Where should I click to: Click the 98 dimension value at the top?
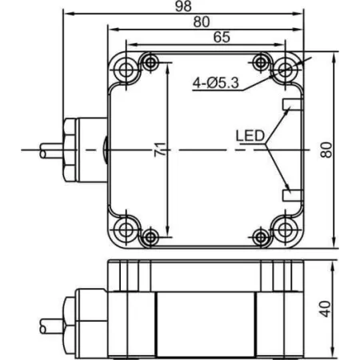183,6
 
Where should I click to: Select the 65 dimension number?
222,37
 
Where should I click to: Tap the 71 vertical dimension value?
160,150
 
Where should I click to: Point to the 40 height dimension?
326,309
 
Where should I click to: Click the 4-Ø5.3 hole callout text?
216,83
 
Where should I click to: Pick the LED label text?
250,136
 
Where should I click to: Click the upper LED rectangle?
292,104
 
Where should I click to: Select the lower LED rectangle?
292,195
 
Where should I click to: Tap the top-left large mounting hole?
126,70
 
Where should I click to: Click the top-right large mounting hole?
285,70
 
